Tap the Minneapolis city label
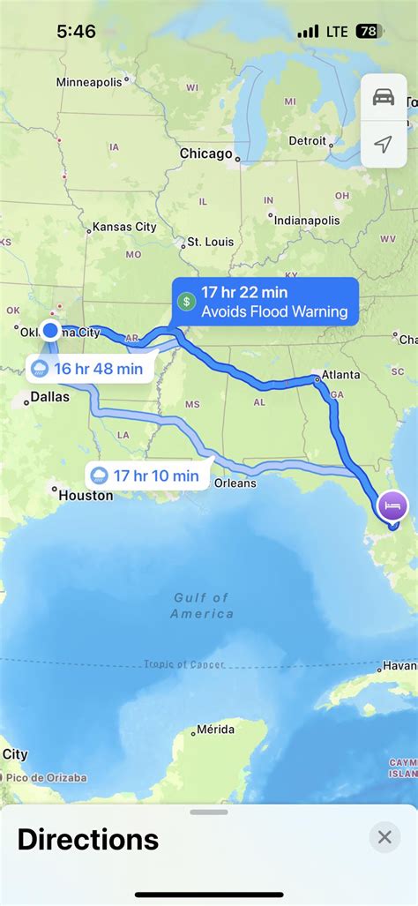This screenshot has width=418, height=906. pyautogui.click(x=90, y=82)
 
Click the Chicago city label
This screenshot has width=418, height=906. pyautogui.click(x=205, y=153)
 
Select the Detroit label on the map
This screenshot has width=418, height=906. pyautogui.click(x=307, y=140)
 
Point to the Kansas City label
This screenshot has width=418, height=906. pyautogui.click(x=123, y=227)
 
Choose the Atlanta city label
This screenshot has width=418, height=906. pyautogui.click(x=340, y=375)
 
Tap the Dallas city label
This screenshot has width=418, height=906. pyautogui.click(x=49, y=397)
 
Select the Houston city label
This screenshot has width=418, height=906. pyautogui.click(x=86, y=496)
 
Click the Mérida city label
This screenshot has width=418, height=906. pyautogui.click(x=214, y=730)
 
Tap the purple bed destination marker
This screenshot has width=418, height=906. pyautogui.click(x=392, y=505)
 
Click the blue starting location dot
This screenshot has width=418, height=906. pyautogui.click(x=51, y=330)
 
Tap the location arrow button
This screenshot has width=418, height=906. pyautogui.click(x=384, y=143)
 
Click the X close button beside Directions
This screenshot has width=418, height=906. pyautogui.click(x=384, y=837)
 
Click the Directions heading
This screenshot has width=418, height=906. pyautogui.click(x=88, y=839)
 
